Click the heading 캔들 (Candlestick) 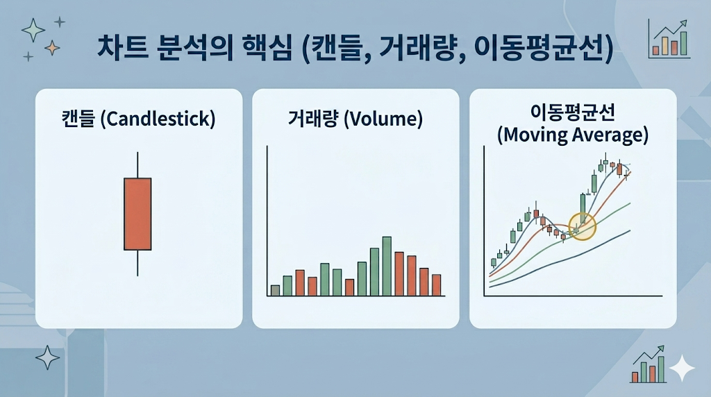pos(138,119)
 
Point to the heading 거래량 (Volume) pos(355,119)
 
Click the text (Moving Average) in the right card pos(573,135)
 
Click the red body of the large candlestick pos(137,214)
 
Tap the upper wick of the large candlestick pos(137,164)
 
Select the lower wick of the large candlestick pos(137,262)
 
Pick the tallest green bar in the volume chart pos(387,267)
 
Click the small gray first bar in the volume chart pos(275,290)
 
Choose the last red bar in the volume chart pos(436,285)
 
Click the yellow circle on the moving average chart pos(582,226)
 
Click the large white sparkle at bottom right pos(682,368)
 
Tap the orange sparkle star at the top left pos(52,47)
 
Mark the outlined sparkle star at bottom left pos(47,357)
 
